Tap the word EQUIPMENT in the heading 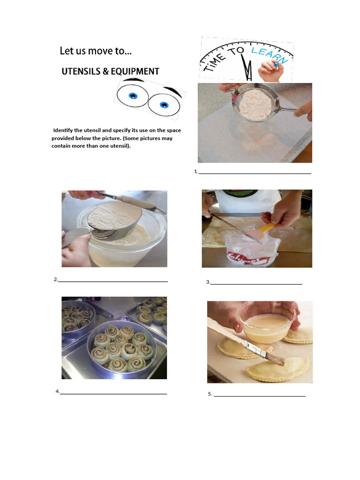135,71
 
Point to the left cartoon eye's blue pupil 133,96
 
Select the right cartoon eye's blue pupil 164,105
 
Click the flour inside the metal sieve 255,104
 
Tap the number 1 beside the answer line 195,172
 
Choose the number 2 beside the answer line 56,279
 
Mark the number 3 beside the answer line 208,282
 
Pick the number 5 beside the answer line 210,394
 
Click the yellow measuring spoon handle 265,228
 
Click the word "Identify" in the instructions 63,130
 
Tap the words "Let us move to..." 96,51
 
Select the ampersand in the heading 105,71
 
